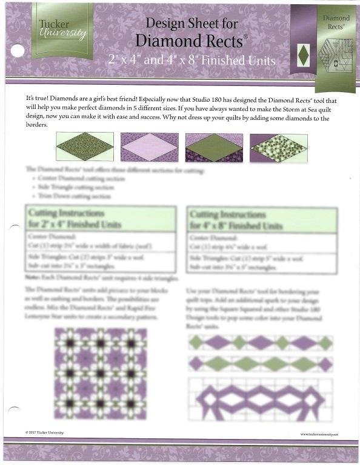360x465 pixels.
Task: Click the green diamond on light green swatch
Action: click(x=84, y=147)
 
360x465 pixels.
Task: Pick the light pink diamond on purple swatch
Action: click(x=149, y=147)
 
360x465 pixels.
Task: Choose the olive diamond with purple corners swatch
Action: click(x=214, y=147)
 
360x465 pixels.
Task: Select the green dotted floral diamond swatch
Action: click(x=278, y=147)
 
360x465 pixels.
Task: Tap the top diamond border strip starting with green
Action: click(x=261, y=343)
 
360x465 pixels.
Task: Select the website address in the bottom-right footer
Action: click(x=319, y=434)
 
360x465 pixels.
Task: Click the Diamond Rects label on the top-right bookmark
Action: click(x=335, y=23)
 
